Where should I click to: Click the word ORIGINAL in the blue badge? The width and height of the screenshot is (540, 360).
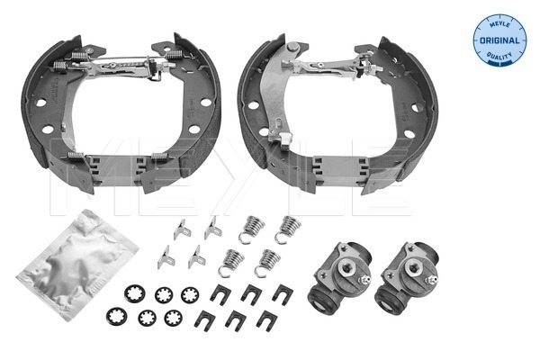click(x=499, y=40)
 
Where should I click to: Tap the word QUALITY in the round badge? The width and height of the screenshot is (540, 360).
click(x=499, y=56)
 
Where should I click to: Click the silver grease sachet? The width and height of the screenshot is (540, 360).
click(x=77, y=265)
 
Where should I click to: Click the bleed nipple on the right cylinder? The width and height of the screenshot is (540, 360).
click(x=431, y=279)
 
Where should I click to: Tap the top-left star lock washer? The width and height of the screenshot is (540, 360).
click(x=134, y=293)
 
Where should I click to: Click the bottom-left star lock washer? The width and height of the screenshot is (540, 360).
click(x=117, y=316)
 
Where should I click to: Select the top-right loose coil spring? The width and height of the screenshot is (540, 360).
click(x=288, y=229)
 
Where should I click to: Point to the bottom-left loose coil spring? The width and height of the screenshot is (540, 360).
click(x=230, y=262)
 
